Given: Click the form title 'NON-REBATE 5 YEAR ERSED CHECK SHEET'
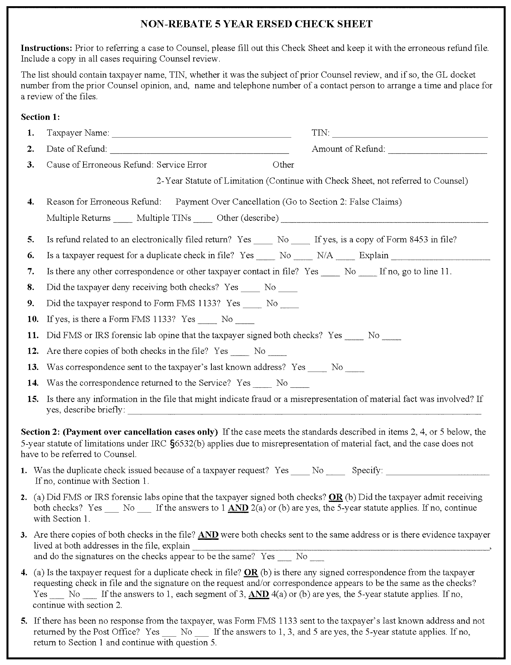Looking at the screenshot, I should point(256,24).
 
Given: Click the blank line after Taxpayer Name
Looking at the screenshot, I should point(201,134).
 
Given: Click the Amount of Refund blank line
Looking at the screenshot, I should point(437,150).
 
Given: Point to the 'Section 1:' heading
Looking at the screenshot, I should point(41,117).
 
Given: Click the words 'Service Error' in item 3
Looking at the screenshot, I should point(182,165).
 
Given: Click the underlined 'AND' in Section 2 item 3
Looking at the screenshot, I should point(208,535).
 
